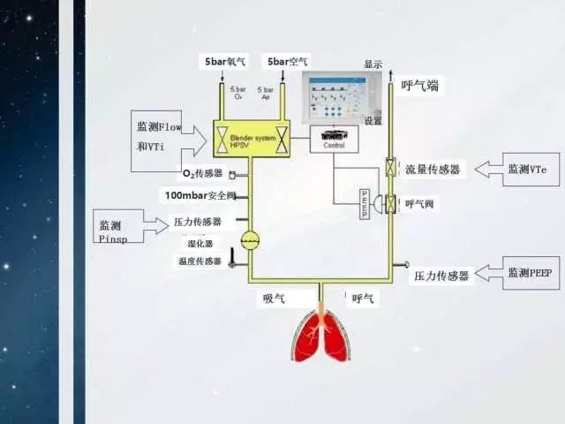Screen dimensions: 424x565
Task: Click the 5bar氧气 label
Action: tap(226, 62)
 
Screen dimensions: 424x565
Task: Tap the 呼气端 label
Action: tap(420, 86)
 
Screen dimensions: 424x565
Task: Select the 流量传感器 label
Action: tap(433, 170)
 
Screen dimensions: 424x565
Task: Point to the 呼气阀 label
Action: tap(422, 204)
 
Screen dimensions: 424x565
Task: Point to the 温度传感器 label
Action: tap(199, 261)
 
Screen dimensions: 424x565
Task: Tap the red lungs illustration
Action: tap(324, 335)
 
